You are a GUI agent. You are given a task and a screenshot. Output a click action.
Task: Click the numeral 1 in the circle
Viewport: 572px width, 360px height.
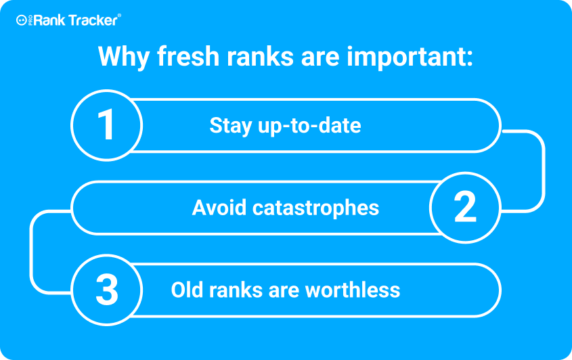pyautogui.click(x=106, y=125)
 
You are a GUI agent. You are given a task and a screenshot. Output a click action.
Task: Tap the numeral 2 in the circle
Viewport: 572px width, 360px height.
pyautogui.click(x=465, y=207)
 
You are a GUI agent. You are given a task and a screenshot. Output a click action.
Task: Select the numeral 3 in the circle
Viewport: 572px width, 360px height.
pyautogui.click(x=106, y=290)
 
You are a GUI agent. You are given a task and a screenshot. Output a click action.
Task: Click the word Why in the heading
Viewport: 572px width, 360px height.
pyautogui.click(x=124, y=57)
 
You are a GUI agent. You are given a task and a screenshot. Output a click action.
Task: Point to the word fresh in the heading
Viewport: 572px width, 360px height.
pyautogui.click(x=188, y=56)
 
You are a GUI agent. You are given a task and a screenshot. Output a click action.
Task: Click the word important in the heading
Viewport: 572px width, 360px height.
pyautogui.click(x=410, y=58)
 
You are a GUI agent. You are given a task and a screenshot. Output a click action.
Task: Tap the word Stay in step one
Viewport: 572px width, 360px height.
pyautogui.click(x=231, y=126)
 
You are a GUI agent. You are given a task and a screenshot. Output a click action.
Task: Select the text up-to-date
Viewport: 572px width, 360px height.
pyautogui.click(x=309, y=126)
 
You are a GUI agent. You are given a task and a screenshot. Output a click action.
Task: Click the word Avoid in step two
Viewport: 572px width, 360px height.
pyautogui.click(x=219, y=208)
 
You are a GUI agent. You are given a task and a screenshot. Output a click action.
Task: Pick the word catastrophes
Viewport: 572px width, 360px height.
pyautogui.click(x=315, y=208)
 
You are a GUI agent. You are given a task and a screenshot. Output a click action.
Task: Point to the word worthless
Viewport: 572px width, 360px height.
pyautogui.click(x=353, y=290)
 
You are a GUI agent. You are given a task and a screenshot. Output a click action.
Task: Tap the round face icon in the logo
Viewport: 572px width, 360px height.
pyautogui.click(x=22, y=20)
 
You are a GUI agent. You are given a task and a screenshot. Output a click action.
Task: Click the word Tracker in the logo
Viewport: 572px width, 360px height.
pyautogui.click(x=93, y=20)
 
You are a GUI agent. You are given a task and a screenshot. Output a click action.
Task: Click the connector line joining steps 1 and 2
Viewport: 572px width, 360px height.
pyautogui.click(x=544, y=171)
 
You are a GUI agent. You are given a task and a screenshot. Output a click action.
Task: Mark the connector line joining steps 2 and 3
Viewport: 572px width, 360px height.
pyautogui.click(x=31, y=252)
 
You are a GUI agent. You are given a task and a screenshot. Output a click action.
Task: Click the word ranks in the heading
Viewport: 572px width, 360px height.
pyautogui.click(x=260, y=56)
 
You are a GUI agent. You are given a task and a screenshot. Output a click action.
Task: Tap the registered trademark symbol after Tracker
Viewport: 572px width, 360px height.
pyautogui.click(x=119, y=16)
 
